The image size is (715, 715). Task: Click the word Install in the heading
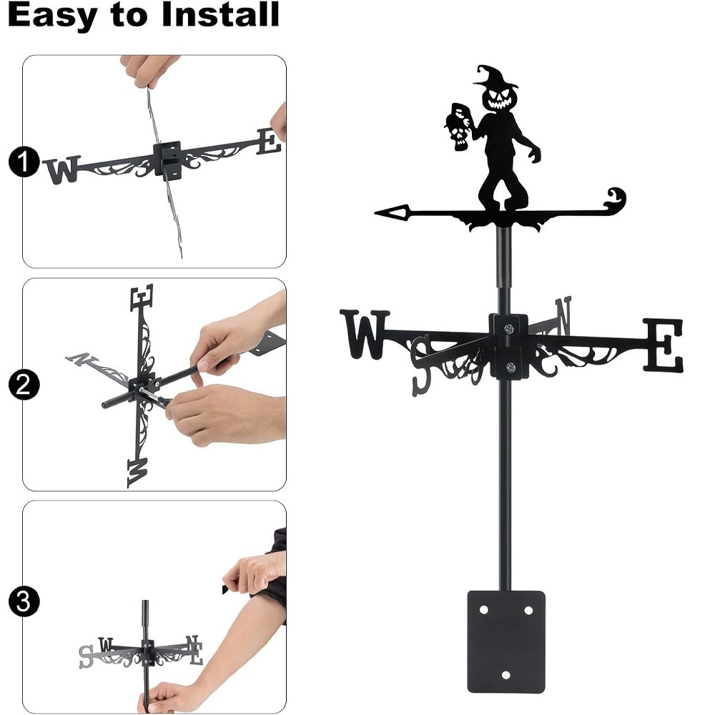pyautogui.click(x=220, y=14)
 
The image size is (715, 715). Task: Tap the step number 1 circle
pyautogui.click(x=24, y=162)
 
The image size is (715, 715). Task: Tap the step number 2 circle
pyautogui.click(x=24, y=385)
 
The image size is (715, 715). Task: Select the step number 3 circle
pyautogui.click(x=24, y=601)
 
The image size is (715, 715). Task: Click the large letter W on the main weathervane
pyautogui.click(x=365, y=334)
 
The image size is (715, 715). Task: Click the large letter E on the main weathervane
pyautogui.click(x=664, y=345)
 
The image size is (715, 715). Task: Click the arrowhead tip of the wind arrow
pyautogui.click(x=375, y=212)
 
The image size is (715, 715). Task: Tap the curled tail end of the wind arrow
pyautogui.click(x=616, y=198)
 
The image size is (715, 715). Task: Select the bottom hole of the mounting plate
pyautogui.click(x=506, y=675)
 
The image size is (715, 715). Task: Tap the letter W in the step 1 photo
pyautogui.click(x=62, y=169)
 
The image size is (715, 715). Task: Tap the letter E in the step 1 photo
pyautogui.click(x=269, y=141)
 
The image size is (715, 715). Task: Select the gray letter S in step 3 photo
pyautogui.click(x=87, y=656)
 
